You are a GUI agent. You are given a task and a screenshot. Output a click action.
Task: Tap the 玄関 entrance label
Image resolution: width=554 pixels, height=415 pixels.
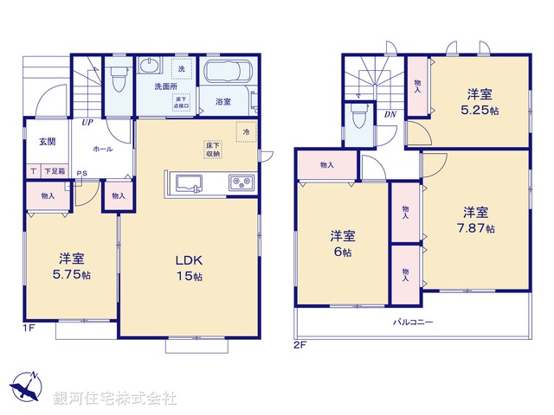point(47,141)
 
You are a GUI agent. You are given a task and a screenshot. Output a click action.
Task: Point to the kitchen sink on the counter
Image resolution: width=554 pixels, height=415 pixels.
point(189,182)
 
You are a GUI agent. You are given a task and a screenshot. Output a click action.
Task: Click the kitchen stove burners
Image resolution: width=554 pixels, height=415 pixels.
point(239,182)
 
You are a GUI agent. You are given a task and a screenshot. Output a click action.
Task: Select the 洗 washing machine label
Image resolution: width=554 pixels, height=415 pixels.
point(182,67)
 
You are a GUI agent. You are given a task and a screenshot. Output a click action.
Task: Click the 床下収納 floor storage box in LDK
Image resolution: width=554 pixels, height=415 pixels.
point(213,150)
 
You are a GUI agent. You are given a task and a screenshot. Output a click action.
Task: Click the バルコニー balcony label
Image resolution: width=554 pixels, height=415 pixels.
point(414,322)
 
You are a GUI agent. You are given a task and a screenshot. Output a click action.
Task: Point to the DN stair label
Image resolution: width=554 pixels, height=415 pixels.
point(390,113)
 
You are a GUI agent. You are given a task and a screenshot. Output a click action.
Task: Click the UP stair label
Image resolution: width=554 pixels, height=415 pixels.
point(87,122)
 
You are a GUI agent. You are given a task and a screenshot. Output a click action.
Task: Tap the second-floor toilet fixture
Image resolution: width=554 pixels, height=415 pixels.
point(358,117)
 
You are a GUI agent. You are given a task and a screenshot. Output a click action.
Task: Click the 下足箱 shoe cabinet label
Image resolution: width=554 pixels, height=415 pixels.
point(55,172)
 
